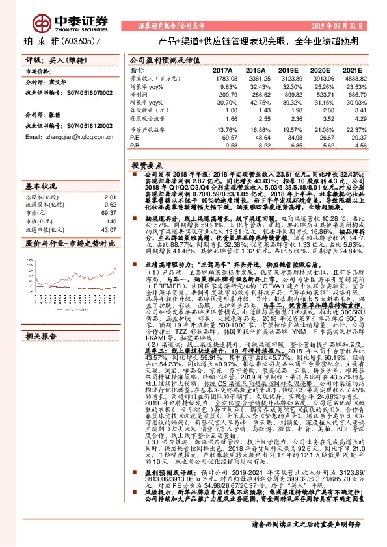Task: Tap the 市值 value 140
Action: [x=111, y=221]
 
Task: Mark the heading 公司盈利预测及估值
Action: [x=161, y=58]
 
